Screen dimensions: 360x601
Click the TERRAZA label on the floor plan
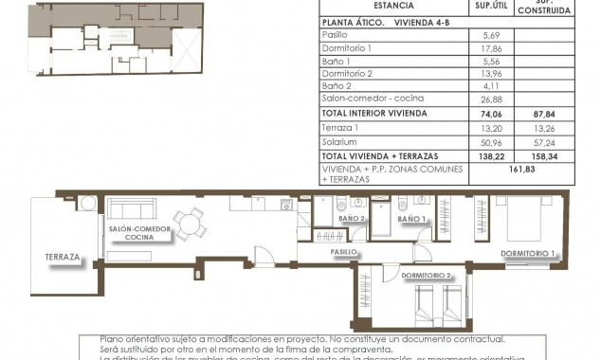coord(62,257)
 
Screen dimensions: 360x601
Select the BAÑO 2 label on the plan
coord(352,219)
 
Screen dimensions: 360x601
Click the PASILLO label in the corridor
coord(344,253)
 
